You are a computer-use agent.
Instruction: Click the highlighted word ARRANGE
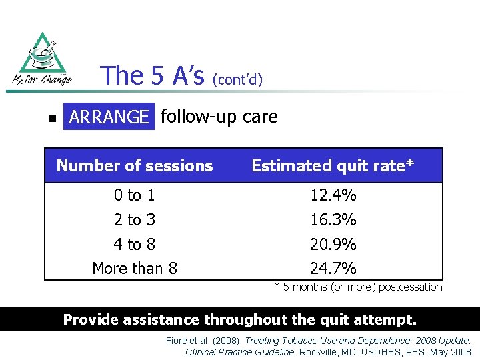point(109,117)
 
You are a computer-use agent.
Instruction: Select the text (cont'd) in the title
point(237,80)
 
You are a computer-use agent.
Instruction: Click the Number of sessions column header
point(135,166)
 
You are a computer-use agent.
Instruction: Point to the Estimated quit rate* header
point(333,166)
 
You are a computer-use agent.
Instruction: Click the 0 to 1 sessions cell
point(134,195)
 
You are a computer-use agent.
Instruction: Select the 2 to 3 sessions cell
point(134,220)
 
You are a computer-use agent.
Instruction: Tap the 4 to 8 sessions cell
point(134,245)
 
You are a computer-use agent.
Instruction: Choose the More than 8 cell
point(135,269)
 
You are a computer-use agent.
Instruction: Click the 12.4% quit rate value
point(333,195)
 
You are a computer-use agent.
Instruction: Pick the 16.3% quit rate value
point(333,220)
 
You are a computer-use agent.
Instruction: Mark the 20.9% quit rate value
point(333,245)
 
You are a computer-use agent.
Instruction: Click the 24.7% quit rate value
point(333,269)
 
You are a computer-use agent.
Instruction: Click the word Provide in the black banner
point(91,319)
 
